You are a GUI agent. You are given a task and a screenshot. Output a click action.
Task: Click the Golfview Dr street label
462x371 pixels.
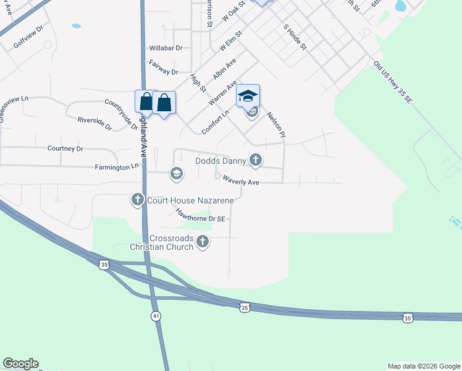click(28, 38)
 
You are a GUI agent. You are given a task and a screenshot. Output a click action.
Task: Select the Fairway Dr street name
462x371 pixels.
click(163, 67)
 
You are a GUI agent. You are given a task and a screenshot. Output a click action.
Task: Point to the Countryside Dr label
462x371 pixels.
click(121, 113)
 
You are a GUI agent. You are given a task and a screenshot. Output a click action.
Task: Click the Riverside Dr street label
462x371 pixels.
click(94, 123)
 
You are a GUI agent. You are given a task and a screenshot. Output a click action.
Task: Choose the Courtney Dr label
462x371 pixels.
click(65, 149)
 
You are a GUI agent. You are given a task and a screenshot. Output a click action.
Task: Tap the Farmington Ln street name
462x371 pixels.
click(117, 168)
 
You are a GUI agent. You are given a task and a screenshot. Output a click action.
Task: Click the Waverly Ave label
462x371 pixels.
click(240, 182)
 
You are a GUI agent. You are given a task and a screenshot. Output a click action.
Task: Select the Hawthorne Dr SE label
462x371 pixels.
click(200, 215)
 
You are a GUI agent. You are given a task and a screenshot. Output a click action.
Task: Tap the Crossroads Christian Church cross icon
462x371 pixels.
click(203, 243)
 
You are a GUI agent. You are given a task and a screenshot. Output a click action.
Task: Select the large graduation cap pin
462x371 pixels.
click(248, 96)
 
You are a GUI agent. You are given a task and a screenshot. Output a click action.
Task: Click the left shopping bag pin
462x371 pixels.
click(146, 101)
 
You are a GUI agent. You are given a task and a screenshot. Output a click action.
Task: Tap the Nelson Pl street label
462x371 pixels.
click(275, 124)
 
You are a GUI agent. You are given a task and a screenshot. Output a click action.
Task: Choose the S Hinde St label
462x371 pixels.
click(295, 38)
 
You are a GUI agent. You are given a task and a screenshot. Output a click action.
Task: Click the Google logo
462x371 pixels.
click(20, 364)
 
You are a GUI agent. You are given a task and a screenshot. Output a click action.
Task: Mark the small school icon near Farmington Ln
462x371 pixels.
click(176, 173)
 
